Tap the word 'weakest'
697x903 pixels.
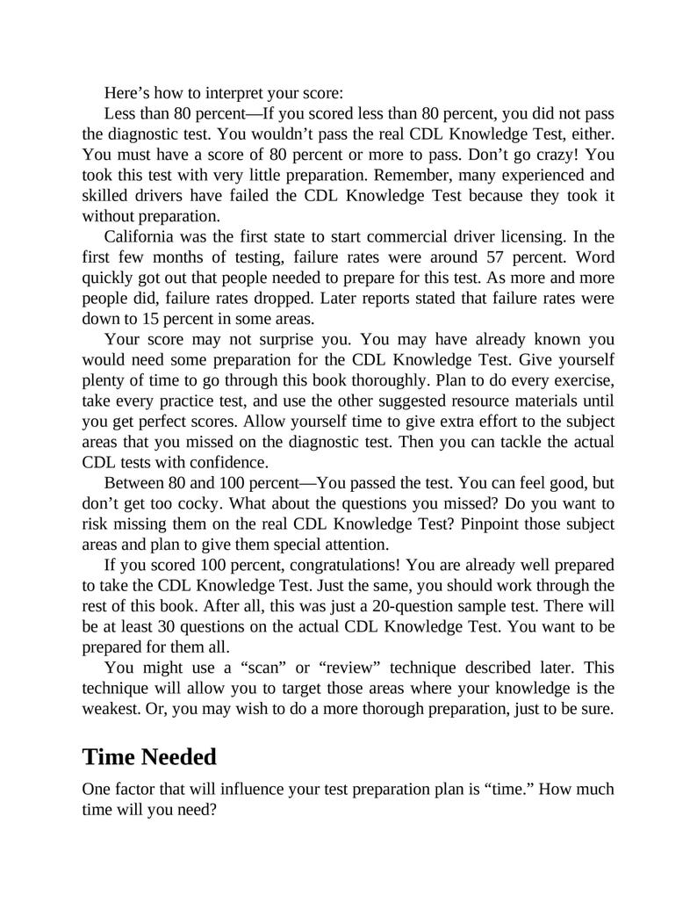(111, 707)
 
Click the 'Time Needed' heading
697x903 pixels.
(149, 755)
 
